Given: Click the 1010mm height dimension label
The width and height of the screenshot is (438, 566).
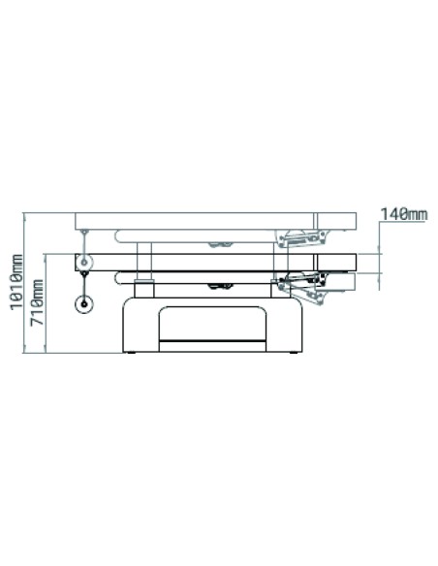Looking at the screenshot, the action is tap(16, 282).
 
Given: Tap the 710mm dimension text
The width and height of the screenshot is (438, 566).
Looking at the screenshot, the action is tap(37, 302).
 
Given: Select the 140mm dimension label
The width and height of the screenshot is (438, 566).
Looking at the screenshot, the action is tap(404, 214).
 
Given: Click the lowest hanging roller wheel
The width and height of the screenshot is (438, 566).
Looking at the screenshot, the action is tap(84, 304).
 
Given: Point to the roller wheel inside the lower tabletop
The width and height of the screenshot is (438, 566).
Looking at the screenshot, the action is tap(84, 263).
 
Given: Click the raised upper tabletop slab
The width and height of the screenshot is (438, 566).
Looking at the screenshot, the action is tap(216, 221).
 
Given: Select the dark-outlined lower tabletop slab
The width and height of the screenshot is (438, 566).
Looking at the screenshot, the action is tap(216, 263).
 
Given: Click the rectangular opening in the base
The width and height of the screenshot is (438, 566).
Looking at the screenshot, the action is tap(212, 324).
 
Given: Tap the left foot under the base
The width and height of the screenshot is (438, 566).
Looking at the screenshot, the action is tap(132, 353).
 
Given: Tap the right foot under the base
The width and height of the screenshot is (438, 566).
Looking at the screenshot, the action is tap(294, 353).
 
